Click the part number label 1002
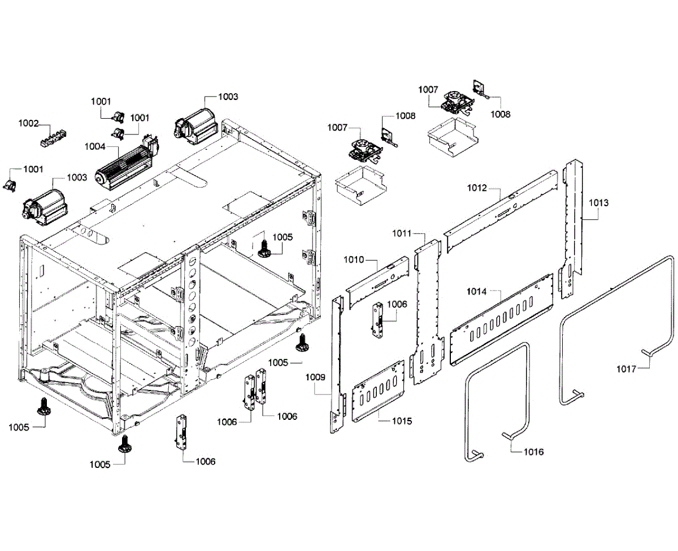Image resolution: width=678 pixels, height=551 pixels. (28, 123)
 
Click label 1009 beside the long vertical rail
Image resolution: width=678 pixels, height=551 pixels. (316, 377)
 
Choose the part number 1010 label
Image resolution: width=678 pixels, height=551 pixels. (354, 260)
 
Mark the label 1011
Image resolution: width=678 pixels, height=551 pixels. (402, 233)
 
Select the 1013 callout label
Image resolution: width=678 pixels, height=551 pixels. (599, 202)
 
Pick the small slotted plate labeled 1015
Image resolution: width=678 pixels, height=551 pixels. (379, 391)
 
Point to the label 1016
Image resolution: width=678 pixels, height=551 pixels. (533, 452)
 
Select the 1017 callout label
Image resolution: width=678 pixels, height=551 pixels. (627, 370)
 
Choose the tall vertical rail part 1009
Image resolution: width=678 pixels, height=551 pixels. (338, 362)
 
